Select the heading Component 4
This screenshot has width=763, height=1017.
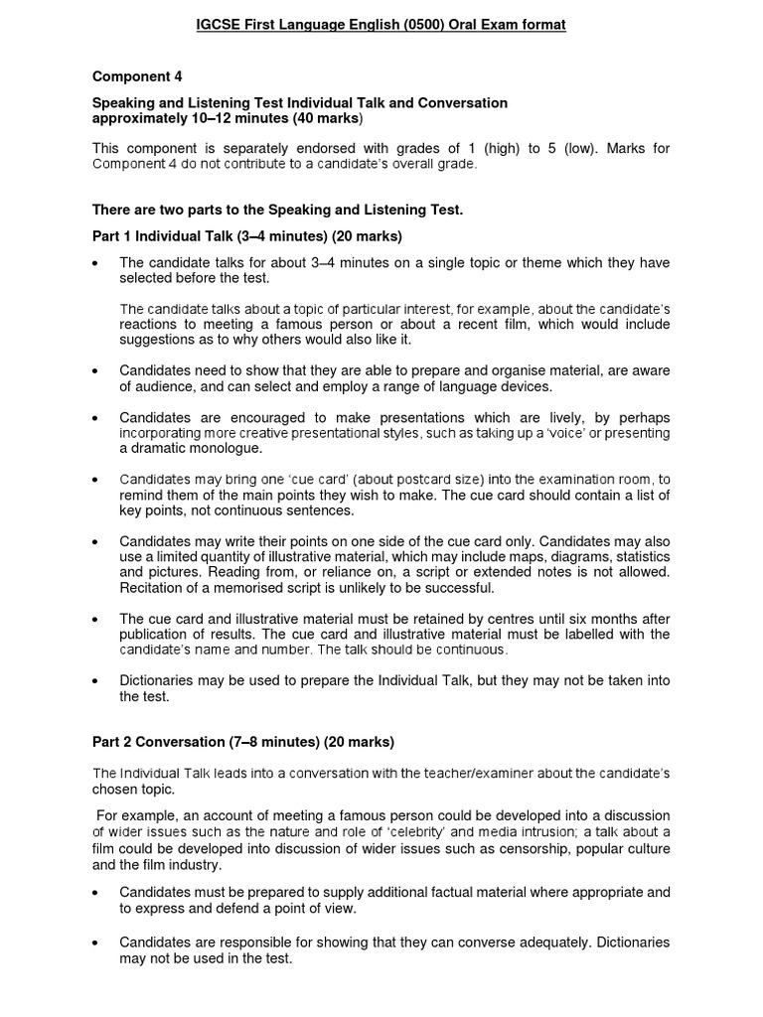tap(137, 76)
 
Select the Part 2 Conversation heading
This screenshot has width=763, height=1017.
tap(242, 742)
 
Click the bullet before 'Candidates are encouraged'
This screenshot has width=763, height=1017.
tap(95, 418)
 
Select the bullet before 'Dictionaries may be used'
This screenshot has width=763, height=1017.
tap(95, 681)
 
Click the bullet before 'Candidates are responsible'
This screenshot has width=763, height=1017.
tap(95, 942)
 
